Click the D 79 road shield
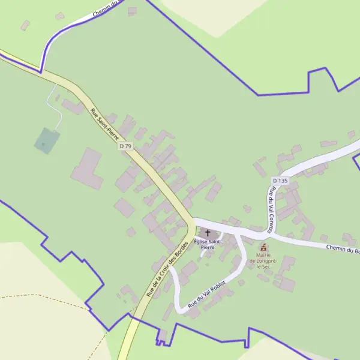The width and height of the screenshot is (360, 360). (x=125, y=146)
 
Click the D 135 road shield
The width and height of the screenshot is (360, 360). (x=280, y=181)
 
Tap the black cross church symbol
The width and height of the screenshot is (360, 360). (x=208, y=233)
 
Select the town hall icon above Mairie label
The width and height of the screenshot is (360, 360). (x=263, y=247)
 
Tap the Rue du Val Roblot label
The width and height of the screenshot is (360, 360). (x=207, y=294)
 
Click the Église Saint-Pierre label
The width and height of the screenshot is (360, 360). (x=208, y=244)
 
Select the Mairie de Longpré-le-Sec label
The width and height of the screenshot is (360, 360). (x=263, y=261)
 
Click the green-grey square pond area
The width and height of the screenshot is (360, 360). (x=47, y=140)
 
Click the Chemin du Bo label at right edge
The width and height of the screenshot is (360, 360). (x=342, y=249)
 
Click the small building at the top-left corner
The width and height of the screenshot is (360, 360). (x=25, y=25)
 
